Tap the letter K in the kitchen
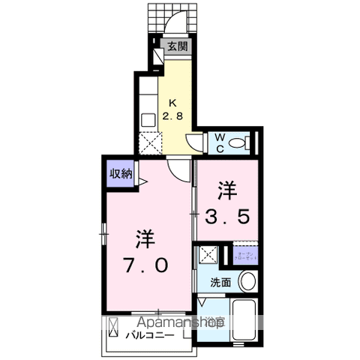pyautogui.click(x=172, y=103)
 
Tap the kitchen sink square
pyautogui.click(x=148, y=117)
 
